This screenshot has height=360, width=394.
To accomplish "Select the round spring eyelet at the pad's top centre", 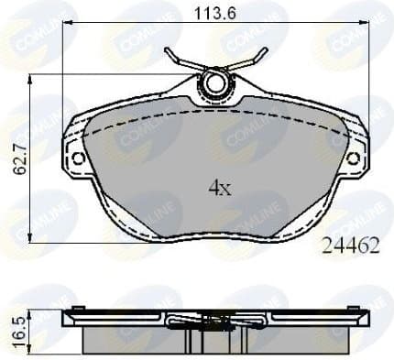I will click(x=216, y=84).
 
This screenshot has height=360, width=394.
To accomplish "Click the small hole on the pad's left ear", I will click(x=78, y=158).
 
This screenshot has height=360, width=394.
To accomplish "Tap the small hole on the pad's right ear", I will click(x=354, y=158).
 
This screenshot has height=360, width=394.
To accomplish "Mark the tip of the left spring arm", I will click(x=168, y=50).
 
